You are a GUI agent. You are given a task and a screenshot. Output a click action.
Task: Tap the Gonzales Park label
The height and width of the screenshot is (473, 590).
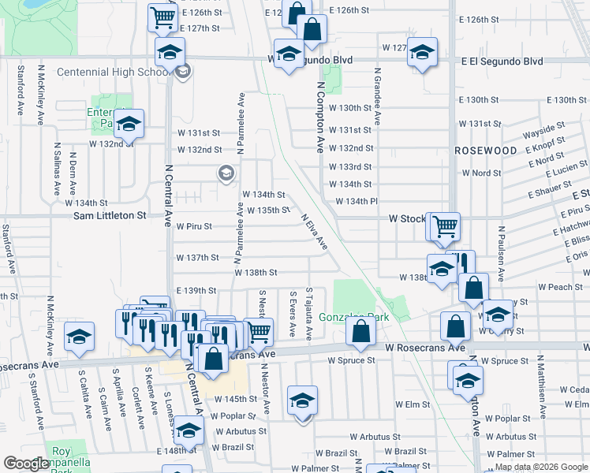click(354, 318)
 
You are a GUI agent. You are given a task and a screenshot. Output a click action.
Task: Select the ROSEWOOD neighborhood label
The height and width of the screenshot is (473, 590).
click(485, 150)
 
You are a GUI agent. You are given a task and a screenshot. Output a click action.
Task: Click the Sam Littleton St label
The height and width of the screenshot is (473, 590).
click(110, 215)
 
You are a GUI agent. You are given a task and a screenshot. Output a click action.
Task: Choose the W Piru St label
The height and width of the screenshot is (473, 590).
click(194, 226)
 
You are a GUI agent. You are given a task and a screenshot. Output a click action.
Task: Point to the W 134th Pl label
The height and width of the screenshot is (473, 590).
click(357, 201)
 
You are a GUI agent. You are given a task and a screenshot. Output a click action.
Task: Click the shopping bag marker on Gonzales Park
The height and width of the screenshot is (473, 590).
click(360, 331)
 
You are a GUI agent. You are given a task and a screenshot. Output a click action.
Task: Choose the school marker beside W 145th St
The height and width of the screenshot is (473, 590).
click(302, 401)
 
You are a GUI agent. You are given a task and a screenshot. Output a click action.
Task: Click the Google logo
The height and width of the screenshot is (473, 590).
click(27, 464)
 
